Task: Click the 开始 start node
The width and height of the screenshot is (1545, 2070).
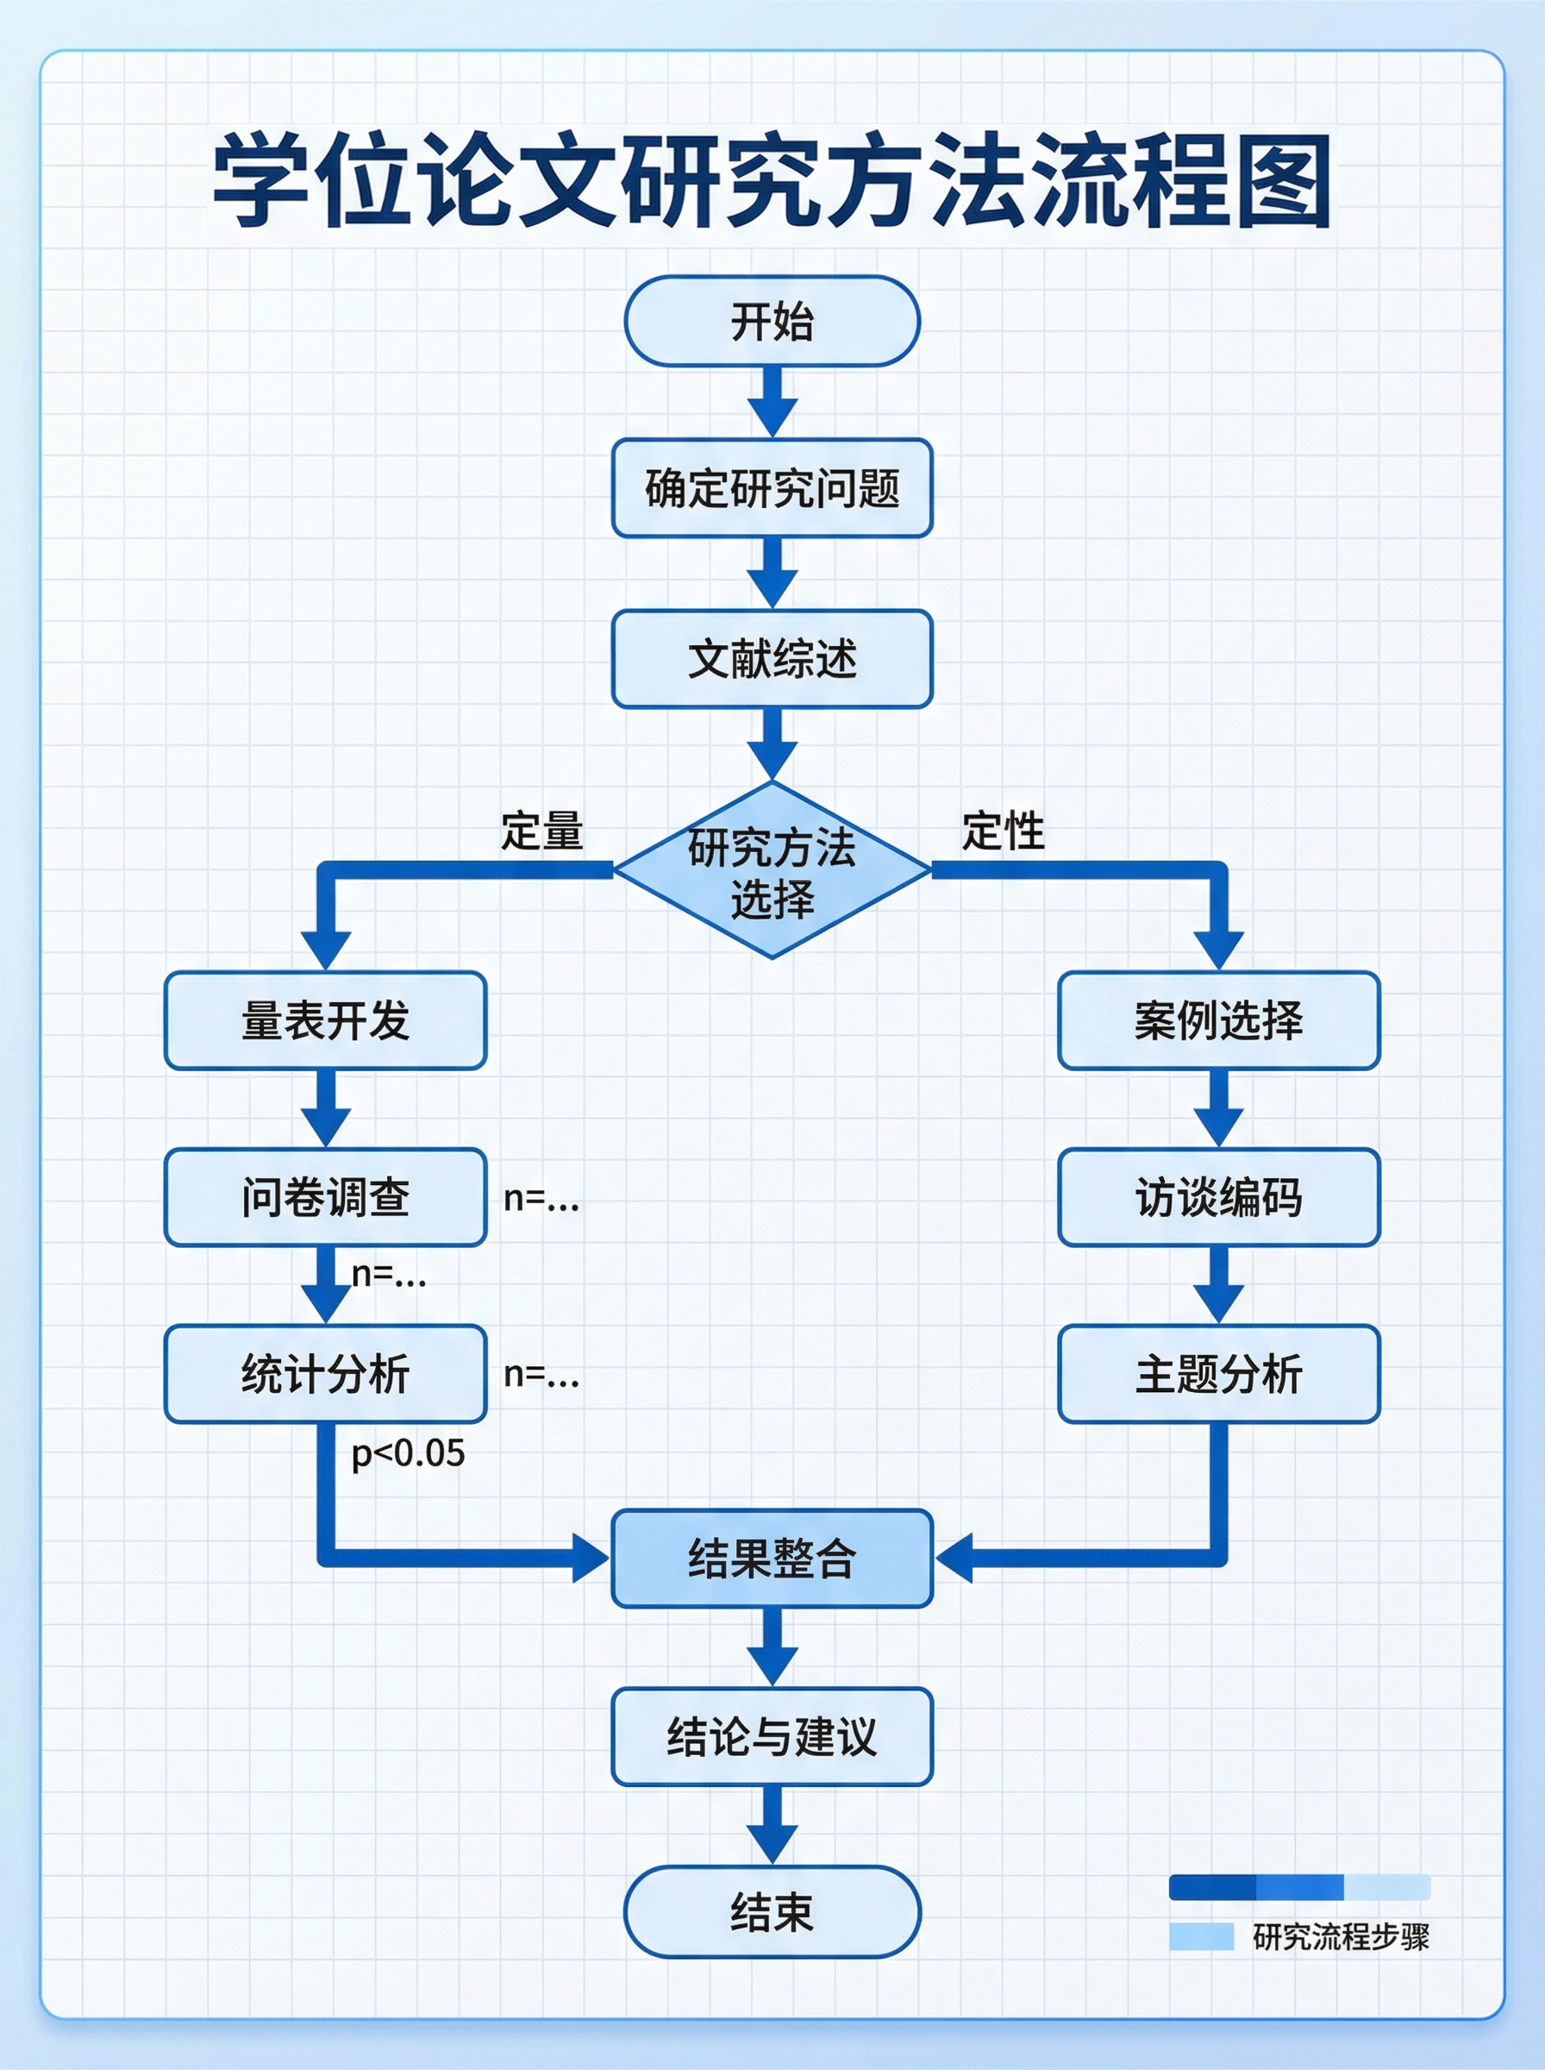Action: [x=772, y=321]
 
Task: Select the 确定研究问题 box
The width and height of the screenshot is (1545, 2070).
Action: [x=772, y=487]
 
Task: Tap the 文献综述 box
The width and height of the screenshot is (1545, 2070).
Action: [x=772, y=658]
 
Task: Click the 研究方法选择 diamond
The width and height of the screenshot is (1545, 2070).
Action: [x=772, y=871]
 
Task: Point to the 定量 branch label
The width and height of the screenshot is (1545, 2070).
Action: [x=541, y=831]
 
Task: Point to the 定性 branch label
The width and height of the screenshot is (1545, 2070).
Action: [x=1003, y=831]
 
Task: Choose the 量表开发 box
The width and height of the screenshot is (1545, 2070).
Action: [x=324, y=1019]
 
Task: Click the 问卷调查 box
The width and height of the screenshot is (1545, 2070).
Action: [x=324, y=1196]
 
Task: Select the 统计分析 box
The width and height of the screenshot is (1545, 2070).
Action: [x=324, y=1373]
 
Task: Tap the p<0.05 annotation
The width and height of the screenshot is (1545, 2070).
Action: [x=408, y=1452]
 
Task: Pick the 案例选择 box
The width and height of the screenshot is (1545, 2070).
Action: [x=1217, y=1019]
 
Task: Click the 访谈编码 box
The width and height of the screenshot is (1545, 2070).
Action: [x=1217, y=1196]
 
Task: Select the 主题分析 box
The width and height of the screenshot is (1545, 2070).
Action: [x=1217, y=1373]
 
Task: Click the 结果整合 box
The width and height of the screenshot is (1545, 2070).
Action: [x=772, y=1559]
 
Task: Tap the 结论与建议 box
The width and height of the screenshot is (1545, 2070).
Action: [x=772, y=1736]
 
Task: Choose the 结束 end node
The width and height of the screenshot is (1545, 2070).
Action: [x=772, y=1911]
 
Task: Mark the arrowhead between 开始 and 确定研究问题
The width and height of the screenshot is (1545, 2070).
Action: [x=772, y=417]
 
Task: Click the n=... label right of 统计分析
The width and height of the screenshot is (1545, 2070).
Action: [x=541, y=1373]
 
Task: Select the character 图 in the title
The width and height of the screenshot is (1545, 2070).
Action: [x=1284, y=180]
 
